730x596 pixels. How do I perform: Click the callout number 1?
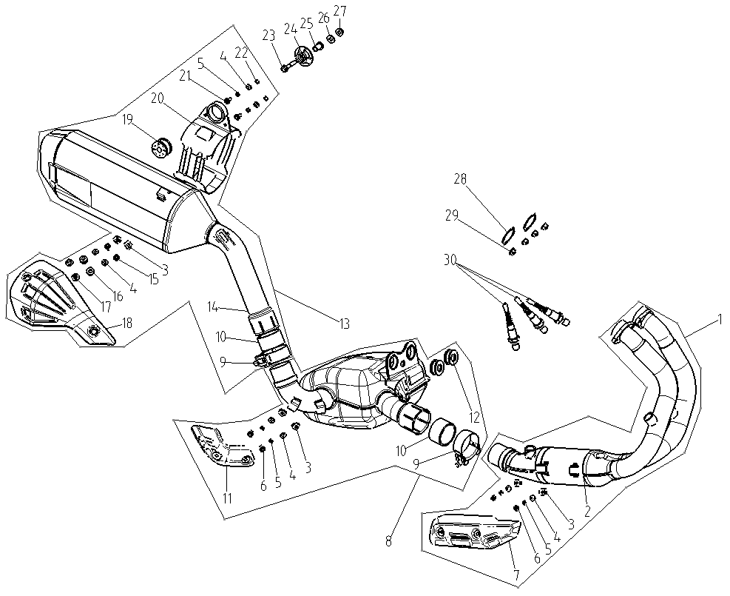click(719, 320)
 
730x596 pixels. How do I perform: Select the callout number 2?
click(587, 511)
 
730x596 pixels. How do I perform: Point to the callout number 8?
click(389, 541)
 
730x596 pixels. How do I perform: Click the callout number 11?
click(227, 498)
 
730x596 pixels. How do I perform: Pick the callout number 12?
click(474, 417)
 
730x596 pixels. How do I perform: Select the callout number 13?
click(344, 324)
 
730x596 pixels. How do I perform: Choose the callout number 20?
click(158, 98)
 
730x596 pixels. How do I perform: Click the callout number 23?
click(268, 36)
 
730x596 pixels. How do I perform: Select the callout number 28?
click(460, 179)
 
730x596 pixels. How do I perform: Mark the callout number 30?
click(450, 260)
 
